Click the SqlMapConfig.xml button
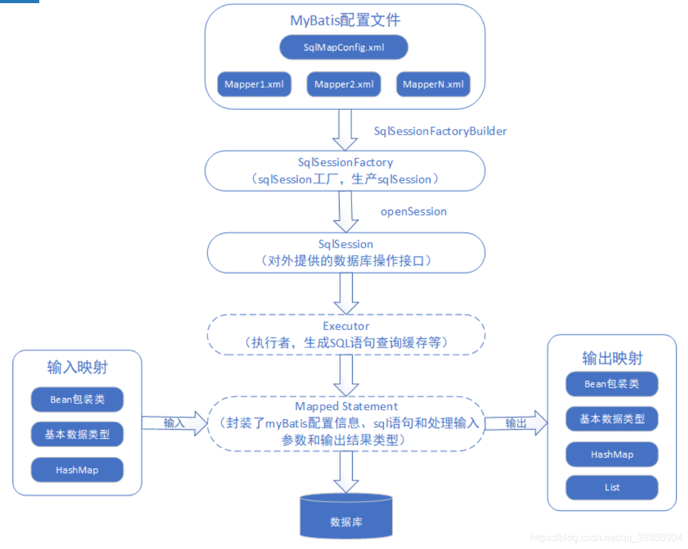tap(344, 47)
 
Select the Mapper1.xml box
tap(254, 85)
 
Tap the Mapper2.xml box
tap(344, 85)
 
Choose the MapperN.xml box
tap(433, 85)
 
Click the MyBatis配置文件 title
tap(345, 21)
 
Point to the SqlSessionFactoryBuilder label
tap(440, 132)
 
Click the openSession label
tap(414, 211)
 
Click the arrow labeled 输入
tap(174, 423)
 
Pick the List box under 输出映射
tap(611, 487)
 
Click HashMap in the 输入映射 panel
tap(77, 470)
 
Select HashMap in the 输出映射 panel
tap(611, 455)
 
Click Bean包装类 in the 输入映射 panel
tap(77, 399)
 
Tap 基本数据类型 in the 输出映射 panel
tap(611, 419)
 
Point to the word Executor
tap(346, 326)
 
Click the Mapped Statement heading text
tap(346, 407)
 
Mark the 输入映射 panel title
tap(77, 367)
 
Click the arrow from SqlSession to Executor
tap(346, 293)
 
